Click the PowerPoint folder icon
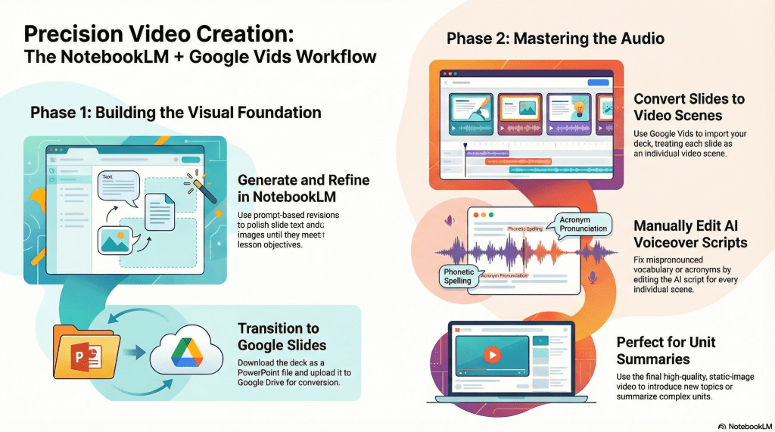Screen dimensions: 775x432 pos(87,352)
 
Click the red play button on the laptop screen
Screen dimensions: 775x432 pos(492,354)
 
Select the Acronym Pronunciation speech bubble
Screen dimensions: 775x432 pos(583,225)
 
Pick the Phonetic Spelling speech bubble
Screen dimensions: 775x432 pos(458,276)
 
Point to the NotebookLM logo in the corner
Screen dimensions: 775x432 pos(745,426)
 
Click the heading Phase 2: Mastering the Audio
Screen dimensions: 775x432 pos(555,39)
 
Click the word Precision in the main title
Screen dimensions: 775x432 pos(73,34)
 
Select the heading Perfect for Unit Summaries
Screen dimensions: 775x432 pos(666,350)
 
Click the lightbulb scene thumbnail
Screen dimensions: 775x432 pos(569,114)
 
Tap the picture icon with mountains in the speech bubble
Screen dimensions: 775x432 pos(115,241)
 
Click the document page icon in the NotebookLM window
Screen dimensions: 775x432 pos(160,212)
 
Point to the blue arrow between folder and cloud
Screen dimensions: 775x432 pos(134,353)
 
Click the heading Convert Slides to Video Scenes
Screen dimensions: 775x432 pos(689,107)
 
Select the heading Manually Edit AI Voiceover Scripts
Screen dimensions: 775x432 pos(690,235)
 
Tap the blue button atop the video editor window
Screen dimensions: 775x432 pos(598,82)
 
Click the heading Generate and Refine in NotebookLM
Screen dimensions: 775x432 pos(303,188)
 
